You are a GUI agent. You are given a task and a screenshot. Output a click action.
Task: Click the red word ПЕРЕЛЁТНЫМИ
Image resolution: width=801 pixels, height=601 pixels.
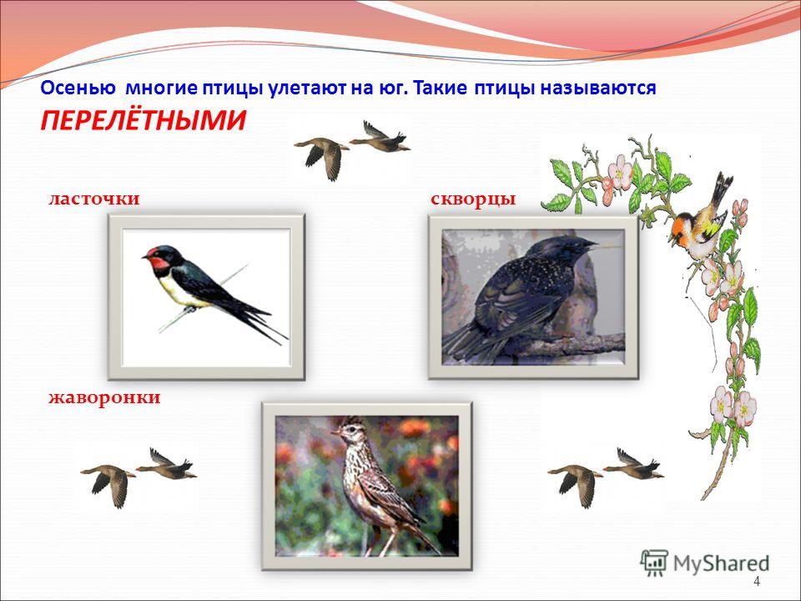[143, 120]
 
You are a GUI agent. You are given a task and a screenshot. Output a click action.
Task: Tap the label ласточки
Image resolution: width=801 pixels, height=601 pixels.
[94, 199]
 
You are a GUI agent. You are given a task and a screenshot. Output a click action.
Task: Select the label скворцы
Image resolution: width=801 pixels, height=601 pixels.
[474, 199]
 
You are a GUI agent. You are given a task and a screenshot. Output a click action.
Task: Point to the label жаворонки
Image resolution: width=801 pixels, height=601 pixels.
[105, 397]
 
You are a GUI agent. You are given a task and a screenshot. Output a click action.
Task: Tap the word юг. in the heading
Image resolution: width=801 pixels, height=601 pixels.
[392, 88]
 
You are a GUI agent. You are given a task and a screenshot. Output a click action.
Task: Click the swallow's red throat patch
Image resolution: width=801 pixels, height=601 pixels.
[159, 263]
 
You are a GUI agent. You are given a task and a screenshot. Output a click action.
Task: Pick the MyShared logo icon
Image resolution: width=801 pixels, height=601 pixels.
[654, 563]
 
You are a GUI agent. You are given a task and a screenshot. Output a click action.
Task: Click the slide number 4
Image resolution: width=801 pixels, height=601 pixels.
[757, 582]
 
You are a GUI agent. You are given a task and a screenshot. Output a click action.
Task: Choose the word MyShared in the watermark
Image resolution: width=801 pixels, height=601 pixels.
[721, 563]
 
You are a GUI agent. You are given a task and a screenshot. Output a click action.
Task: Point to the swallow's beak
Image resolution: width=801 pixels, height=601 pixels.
[145, 256]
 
